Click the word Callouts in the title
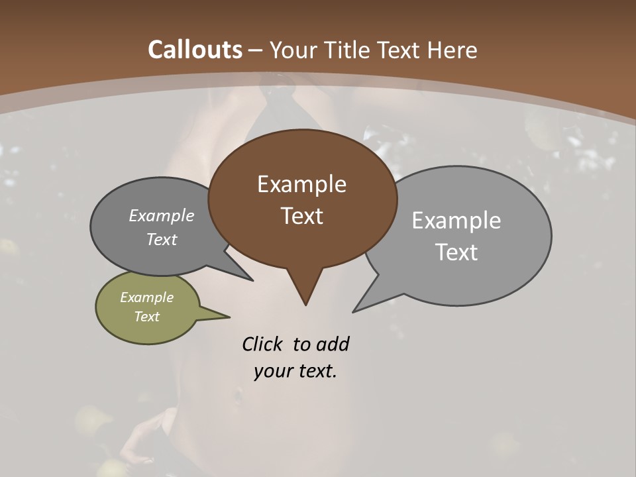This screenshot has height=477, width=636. click(x=195, y=50)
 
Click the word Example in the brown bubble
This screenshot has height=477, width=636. click(x=302, y=184)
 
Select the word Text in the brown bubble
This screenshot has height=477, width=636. click(x=302, y=216)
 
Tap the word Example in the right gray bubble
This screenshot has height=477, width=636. click(x=456, y=221)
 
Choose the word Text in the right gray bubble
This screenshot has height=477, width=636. click(x=456, y=252)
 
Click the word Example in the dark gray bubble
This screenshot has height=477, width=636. click(x=162, y=215)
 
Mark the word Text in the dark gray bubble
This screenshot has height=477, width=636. click(x=162, y=239)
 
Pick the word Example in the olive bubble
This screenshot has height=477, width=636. click(x=146, y=297)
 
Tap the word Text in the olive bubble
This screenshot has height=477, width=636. click(x=146, y=317)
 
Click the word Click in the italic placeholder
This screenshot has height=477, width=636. click(x=262, y=344)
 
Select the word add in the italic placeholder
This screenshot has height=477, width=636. click(x=333, y=344)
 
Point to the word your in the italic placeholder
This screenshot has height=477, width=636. click(x=273, y=372)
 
